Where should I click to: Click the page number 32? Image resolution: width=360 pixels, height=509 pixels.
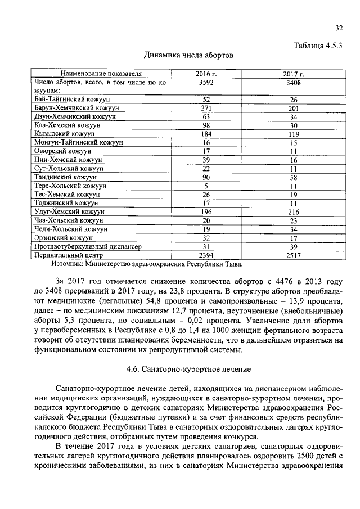pyautogui.click(x=339, y=28)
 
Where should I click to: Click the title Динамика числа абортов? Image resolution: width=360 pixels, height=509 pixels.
pyautogui.click(x=188, y=55)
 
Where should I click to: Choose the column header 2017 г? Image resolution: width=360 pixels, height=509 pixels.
pyautogui.click(x=293, y=74)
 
